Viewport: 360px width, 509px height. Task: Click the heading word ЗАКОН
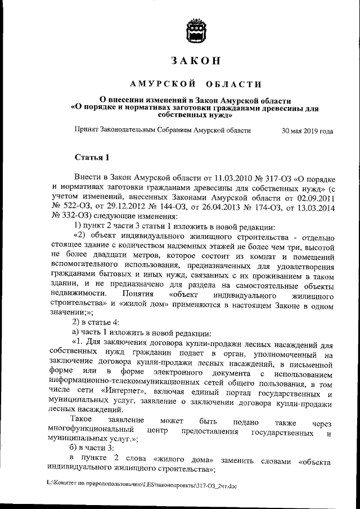click(196, 61)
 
